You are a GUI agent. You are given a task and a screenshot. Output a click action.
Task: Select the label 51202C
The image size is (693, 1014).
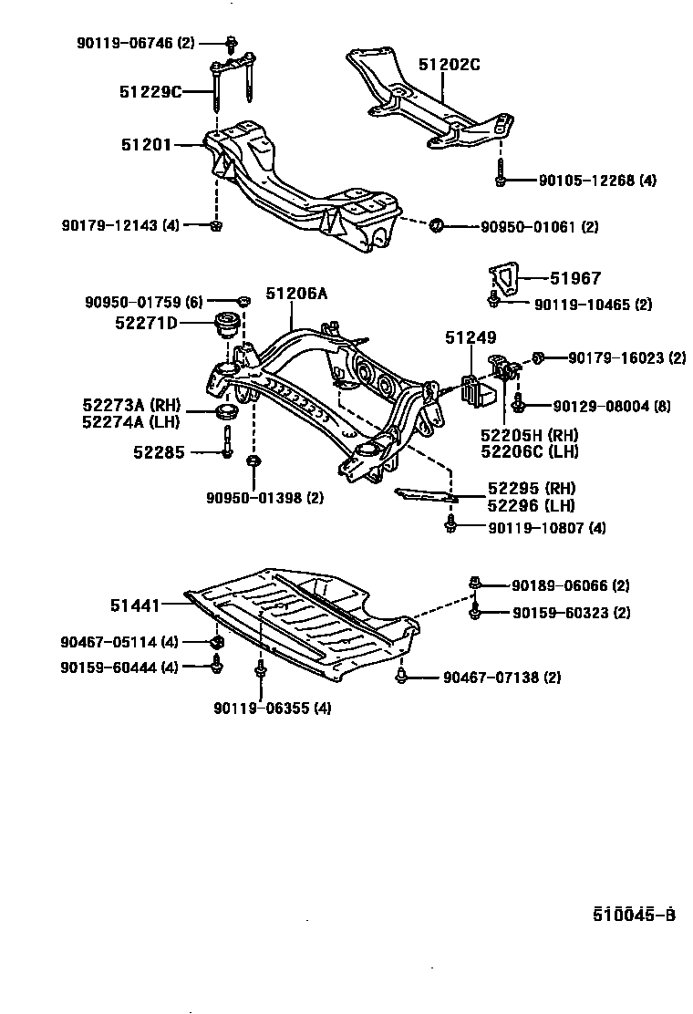[449, 65]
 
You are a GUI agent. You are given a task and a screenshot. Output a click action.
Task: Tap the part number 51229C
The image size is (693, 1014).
[150, 91]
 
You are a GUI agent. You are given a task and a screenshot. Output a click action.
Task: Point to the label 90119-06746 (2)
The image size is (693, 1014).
[135, 42]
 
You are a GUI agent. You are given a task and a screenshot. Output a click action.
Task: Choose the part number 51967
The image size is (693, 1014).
[574, 279]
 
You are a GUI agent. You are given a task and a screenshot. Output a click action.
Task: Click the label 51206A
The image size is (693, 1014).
[295, 294]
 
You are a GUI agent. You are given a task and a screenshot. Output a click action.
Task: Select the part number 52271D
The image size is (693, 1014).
[147, 323]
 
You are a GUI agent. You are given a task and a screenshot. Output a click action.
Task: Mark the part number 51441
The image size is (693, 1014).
[136, 604]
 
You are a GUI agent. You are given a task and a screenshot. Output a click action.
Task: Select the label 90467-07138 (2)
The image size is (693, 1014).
[502, 678]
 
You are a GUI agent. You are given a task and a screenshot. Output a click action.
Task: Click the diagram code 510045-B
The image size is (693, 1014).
[634, 915]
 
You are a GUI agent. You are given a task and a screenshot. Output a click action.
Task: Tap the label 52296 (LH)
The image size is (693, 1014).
[531, 505]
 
